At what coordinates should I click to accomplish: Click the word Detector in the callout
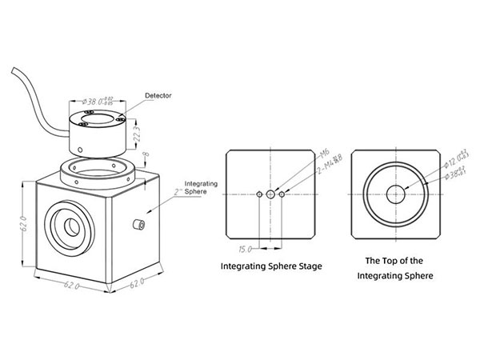pos(158,96)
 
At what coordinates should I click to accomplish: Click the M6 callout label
pos(302,153)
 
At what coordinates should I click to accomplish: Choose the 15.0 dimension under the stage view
pos(246,249)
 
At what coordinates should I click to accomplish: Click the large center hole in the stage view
pos(270,194)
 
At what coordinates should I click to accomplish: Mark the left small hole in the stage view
pos(259,194)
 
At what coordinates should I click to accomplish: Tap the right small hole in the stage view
pos(282,194)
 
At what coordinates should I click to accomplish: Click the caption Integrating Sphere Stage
pos(270,266)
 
